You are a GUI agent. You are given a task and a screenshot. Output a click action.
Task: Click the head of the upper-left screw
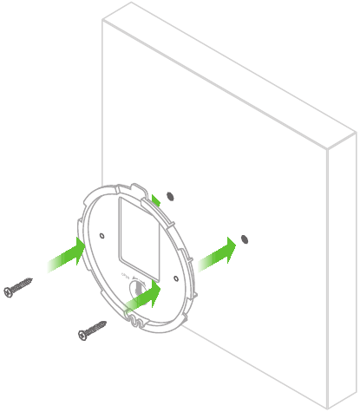point(10,291)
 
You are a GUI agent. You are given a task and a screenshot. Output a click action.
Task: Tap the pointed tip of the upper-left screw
point(32,279)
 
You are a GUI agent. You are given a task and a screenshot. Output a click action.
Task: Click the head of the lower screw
point(84,334)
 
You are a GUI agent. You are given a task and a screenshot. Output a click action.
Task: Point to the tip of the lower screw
point(106,323)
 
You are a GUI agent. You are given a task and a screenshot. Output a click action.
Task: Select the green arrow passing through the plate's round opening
point(145,294)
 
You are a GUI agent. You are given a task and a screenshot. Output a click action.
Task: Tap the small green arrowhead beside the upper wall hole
point(155,201)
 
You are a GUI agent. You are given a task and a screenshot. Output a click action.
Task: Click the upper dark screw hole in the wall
point(169,194)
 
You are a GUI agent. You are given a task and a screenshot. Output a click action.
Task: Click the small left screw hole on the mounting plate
point(102,234)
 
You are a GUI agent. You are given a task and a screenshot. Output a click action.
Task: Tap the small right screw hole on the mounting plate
point(176,278)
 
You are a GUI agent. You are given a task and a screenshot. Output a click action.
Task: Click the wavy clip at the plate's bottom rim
point(134,324)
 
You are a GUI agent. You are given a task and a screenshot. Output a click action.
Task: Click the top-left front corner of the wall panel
point(103,20)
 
